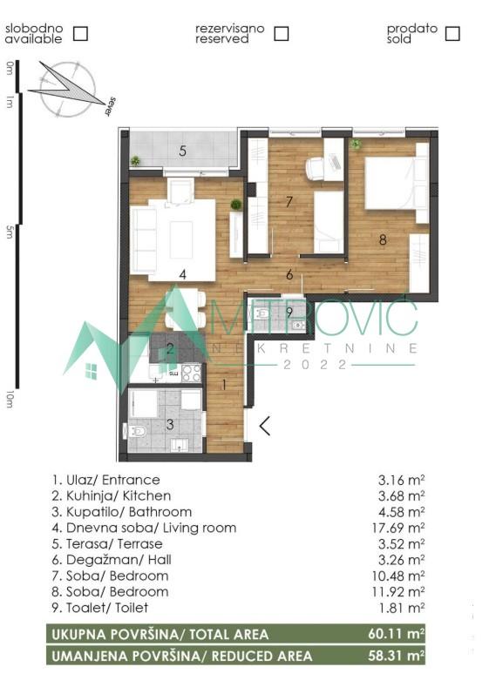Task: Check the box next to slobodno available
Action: (x=80, y=33)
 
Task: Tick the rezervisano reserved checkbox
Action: (x=281, y=33)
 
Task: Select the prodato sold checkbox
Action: (x=452, y=33)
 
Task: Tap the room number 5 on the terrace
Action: (x=182, y=151)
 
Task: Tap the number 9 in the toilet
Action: (x=289, y=312)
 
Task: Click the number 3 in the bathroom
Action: (x=170, y=424)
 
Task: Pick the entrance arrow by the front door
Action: (x=264, y=426)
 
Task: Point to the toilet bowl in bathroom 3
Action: (x=137, y=430)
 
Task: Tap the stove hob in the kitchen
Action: (x=191, y=373)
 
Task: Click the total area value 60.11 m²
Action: (x=396, y=635)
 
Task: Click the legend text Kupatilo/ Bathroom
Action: (x=121, y=512)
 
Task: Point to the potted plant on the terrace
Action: (x=136, y=160)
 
